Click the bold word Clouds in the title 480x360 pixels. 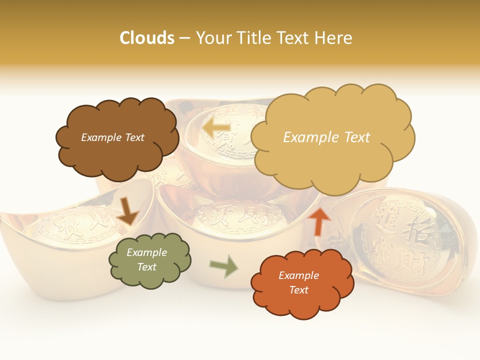coord(147,38)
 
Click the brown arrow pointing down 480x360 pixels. coord(127,210)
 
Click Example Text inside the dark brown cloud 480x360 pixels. coord(112,137)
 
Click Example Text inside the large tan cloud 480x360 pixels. coord(326,137)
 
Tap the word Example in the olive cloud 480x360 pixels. coord(146,252)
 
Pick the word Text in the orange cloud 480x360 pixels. coord(298,290)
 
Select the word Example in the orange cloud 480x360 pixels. coord(298,275)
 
